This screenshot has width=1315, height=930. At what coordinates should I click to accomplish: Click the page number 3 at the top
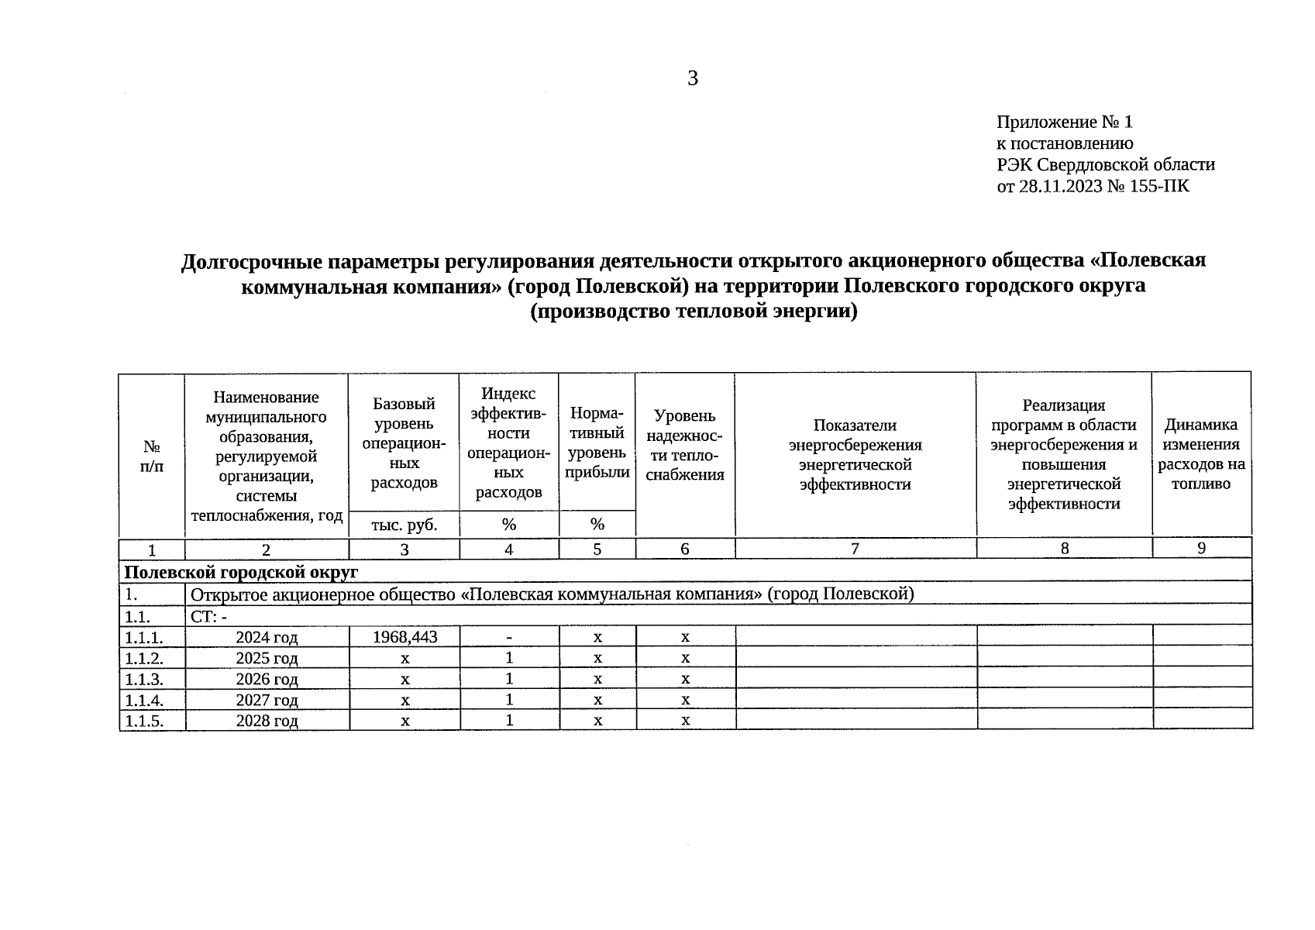point(692,78)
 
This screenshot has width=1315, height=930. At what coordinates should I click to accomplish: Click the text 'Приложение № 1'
point(1064,122)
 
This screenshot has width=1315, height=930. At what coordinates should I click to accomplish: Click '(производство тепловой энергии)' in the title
point(694,312)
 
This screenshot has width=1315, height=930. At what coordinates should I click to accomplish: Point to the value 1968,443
point(404,637)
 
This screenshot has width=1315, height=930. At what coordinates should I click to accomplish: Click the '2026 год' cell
point(267,679)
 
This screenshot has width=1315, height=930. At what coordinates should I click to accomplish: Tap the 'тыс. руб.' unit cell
point(404,525)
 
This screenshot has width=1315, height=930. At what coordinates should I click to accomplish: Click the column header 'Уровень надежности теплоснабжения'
point(685,445)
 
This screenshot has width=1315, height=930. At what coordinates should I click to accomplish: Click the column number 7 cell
point(855,549)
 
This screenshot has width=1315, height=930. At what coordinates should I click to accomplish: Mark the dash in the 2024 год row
point(509,637)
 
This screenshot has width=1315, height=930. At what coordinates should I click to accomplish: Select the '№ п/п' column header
point(152,456)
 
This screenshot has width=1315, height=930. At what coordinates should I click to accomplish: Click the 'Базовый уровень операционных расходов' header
point(404,443)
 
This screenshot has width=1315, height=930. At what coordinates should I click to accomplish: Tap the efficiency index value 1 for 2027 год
point(509,700)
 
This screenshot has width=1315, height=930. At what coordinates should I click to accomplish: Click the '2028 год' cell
point(267,721)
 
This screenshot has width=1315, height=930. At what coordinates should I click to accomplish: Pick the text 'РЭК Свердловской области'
point(1105,164)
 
